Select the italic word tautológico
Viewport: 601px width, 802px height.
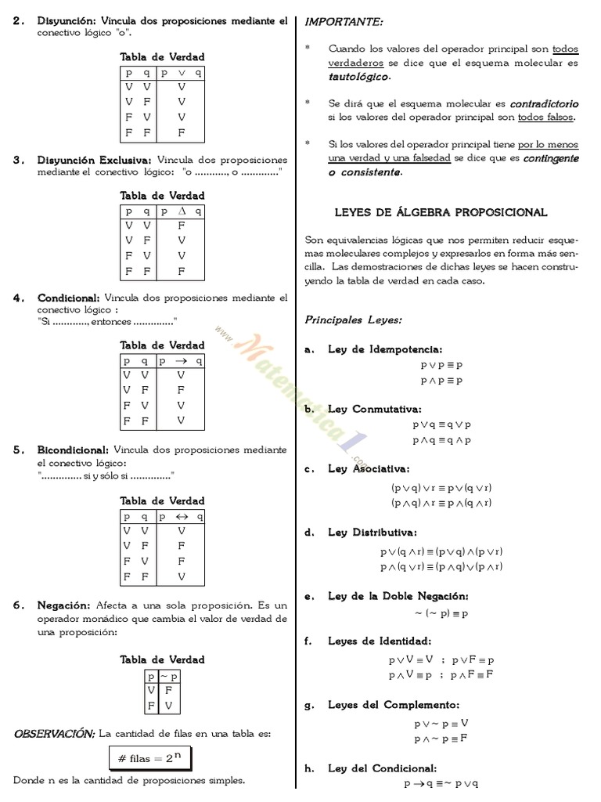(x=358, y=77)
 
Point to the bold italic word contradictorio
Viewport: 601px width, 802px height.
(x=544, y=103)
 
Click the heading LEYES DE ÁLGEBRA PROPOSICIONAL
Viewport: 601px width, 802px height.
(x=441, y=213)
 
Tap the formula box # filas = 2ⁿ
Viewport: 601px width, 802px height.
(x=149, y=758)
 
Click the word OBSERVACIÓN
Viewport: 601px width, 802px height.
(x=54, y=734)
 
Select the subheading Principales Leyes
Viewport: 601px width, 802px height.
(x=353, y=320)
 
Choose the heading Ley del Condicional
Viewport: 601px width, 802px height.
(x=382, y=768)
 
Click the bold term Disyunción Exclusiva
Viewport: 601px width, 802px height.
(x=95, y=160)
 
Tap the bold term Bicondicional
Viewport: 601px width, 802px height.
(x=73, y=450)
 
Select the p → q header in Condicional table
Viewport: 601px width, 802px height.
(x=182, y=361)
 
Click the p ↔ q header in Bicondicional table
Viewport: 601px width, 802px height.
(x=182, y=517)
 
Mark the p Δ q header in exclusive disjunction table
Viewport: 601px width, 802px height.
(x=182, y=211)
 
